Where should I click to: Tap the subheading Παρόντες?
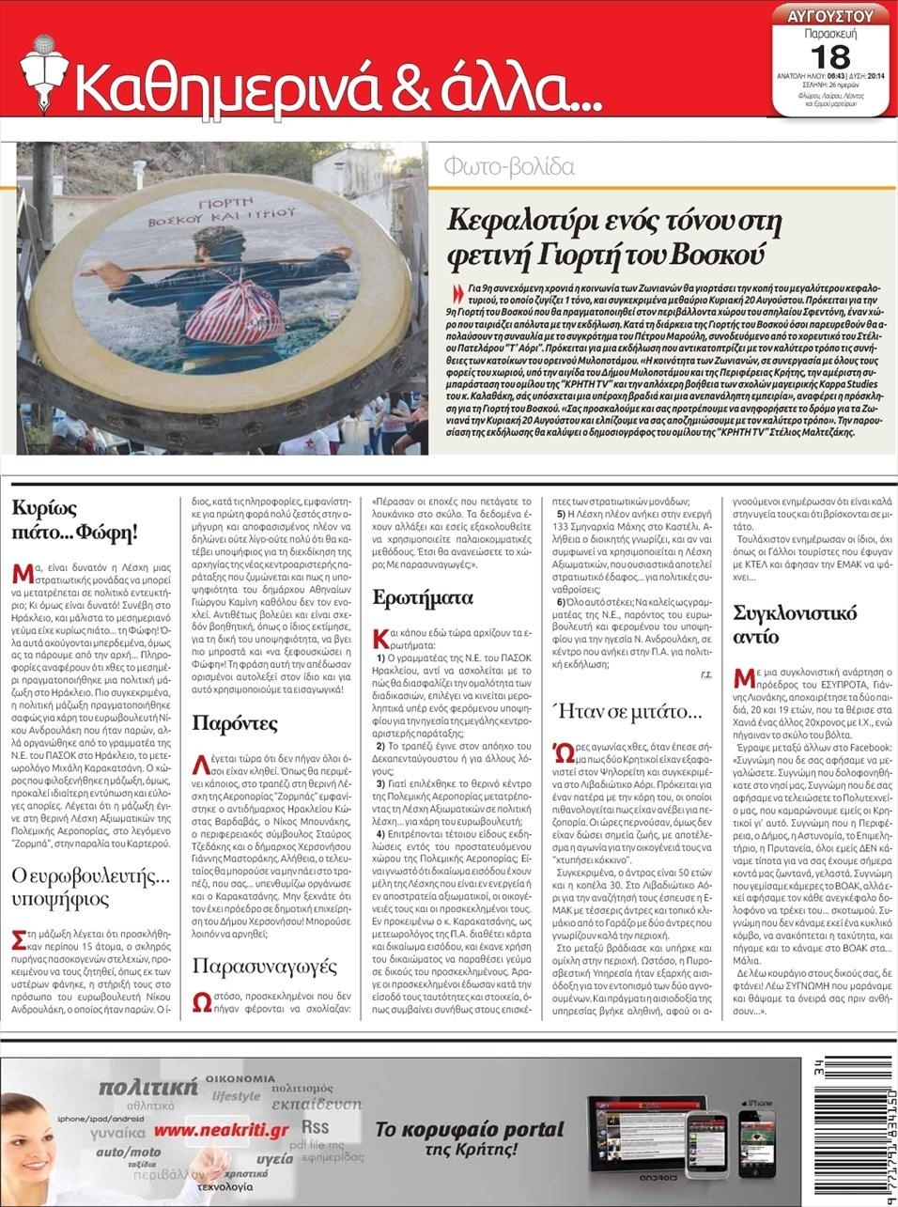(x=235, y=723)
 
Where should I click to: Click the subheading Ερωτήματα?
(x=410, y=598)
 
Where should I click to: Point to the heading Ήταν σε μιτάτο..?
(x=627, y=712)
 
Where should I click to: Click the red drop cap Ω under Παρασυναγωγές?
(x=202, y=1001)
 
